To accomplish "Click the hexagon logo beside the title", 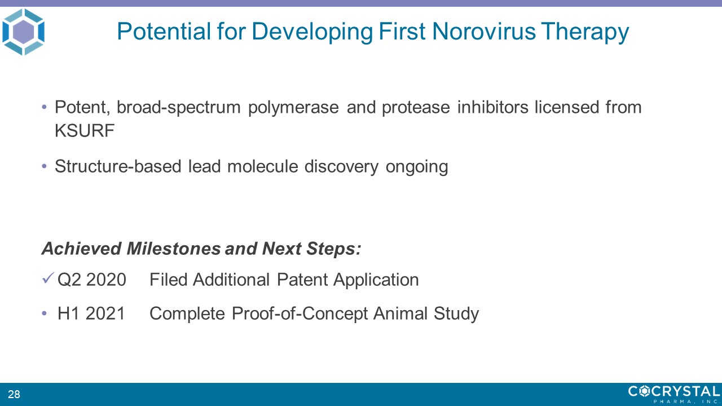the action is pos(23,32).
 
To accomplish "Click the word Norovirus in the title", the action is pos(483,31).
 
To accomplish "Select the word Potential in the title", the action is pos(164,31).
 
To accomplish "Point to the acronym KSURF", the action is pos(85,130).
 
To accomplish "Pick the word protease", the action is pos(416,108).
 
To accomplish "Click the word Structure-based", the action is pos(118,166).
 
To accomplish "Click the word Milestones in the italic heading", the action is pos(173,249).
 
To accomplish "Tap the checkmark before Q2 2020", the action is pos(48,278).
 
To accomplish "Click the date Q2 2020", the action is pos(92,279).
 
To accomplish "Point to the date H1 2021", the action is pos(91,313).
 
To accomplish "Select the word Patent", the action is pos(302,279).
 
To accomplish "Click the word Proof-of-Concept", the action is pos(300,314).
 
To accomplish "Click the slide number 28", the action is pos(14,394).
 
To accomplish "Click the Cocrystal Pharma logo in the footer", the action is pos(674,394).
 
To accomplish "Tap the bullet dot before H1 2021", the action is pos(45,313).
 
